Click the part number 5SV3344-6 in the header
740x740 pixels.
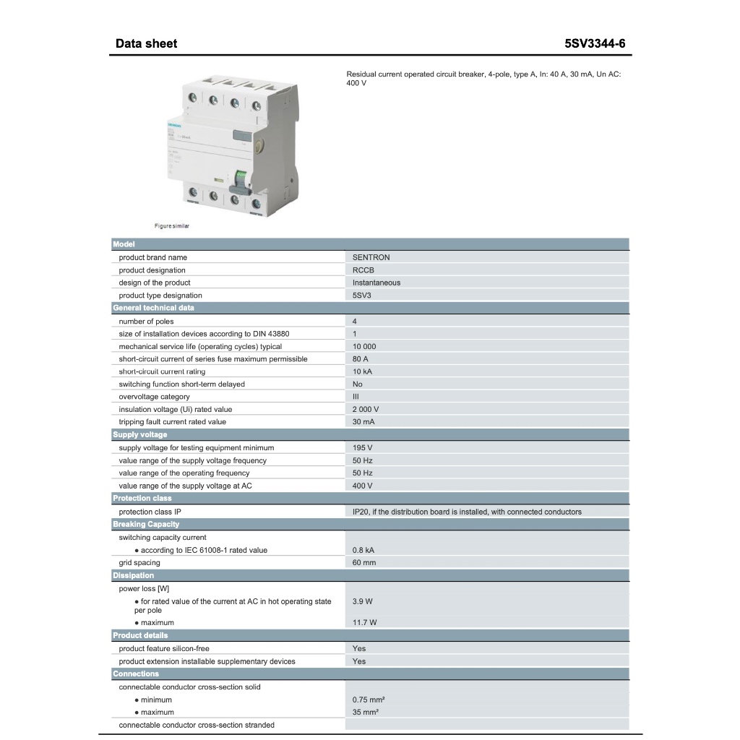[595, 43]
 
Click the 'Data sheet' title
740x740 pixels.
[146, 43]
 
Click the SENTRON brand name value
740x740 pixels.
[371, 257]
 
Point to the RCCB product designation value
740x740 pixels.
[363, 270]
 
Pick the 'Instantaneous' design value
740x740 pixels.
[376, 283]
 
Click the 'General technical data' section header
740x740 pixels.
[153, 308]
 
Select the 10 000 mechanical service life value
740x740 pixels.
[364, 346]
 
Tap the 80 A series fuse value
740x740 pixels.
[361, 359]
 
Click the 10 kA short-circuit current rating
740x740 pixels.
[362, 371]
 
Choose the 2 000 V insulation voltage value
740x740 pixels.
[366, 409]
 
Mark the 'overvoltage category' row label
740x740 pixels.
[155, 397]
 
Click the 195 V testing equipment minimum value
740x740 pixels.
[362, 448]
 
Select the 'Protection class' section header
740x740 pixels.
[142, 499]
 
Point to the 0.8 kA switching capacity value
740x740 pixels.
[363, 550]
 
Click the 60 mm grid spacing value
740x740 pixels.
[364, 562]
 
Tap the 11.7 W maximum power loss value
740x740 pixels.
[364, 622]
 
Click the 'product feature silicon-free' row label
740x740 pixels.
[164, 648]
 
